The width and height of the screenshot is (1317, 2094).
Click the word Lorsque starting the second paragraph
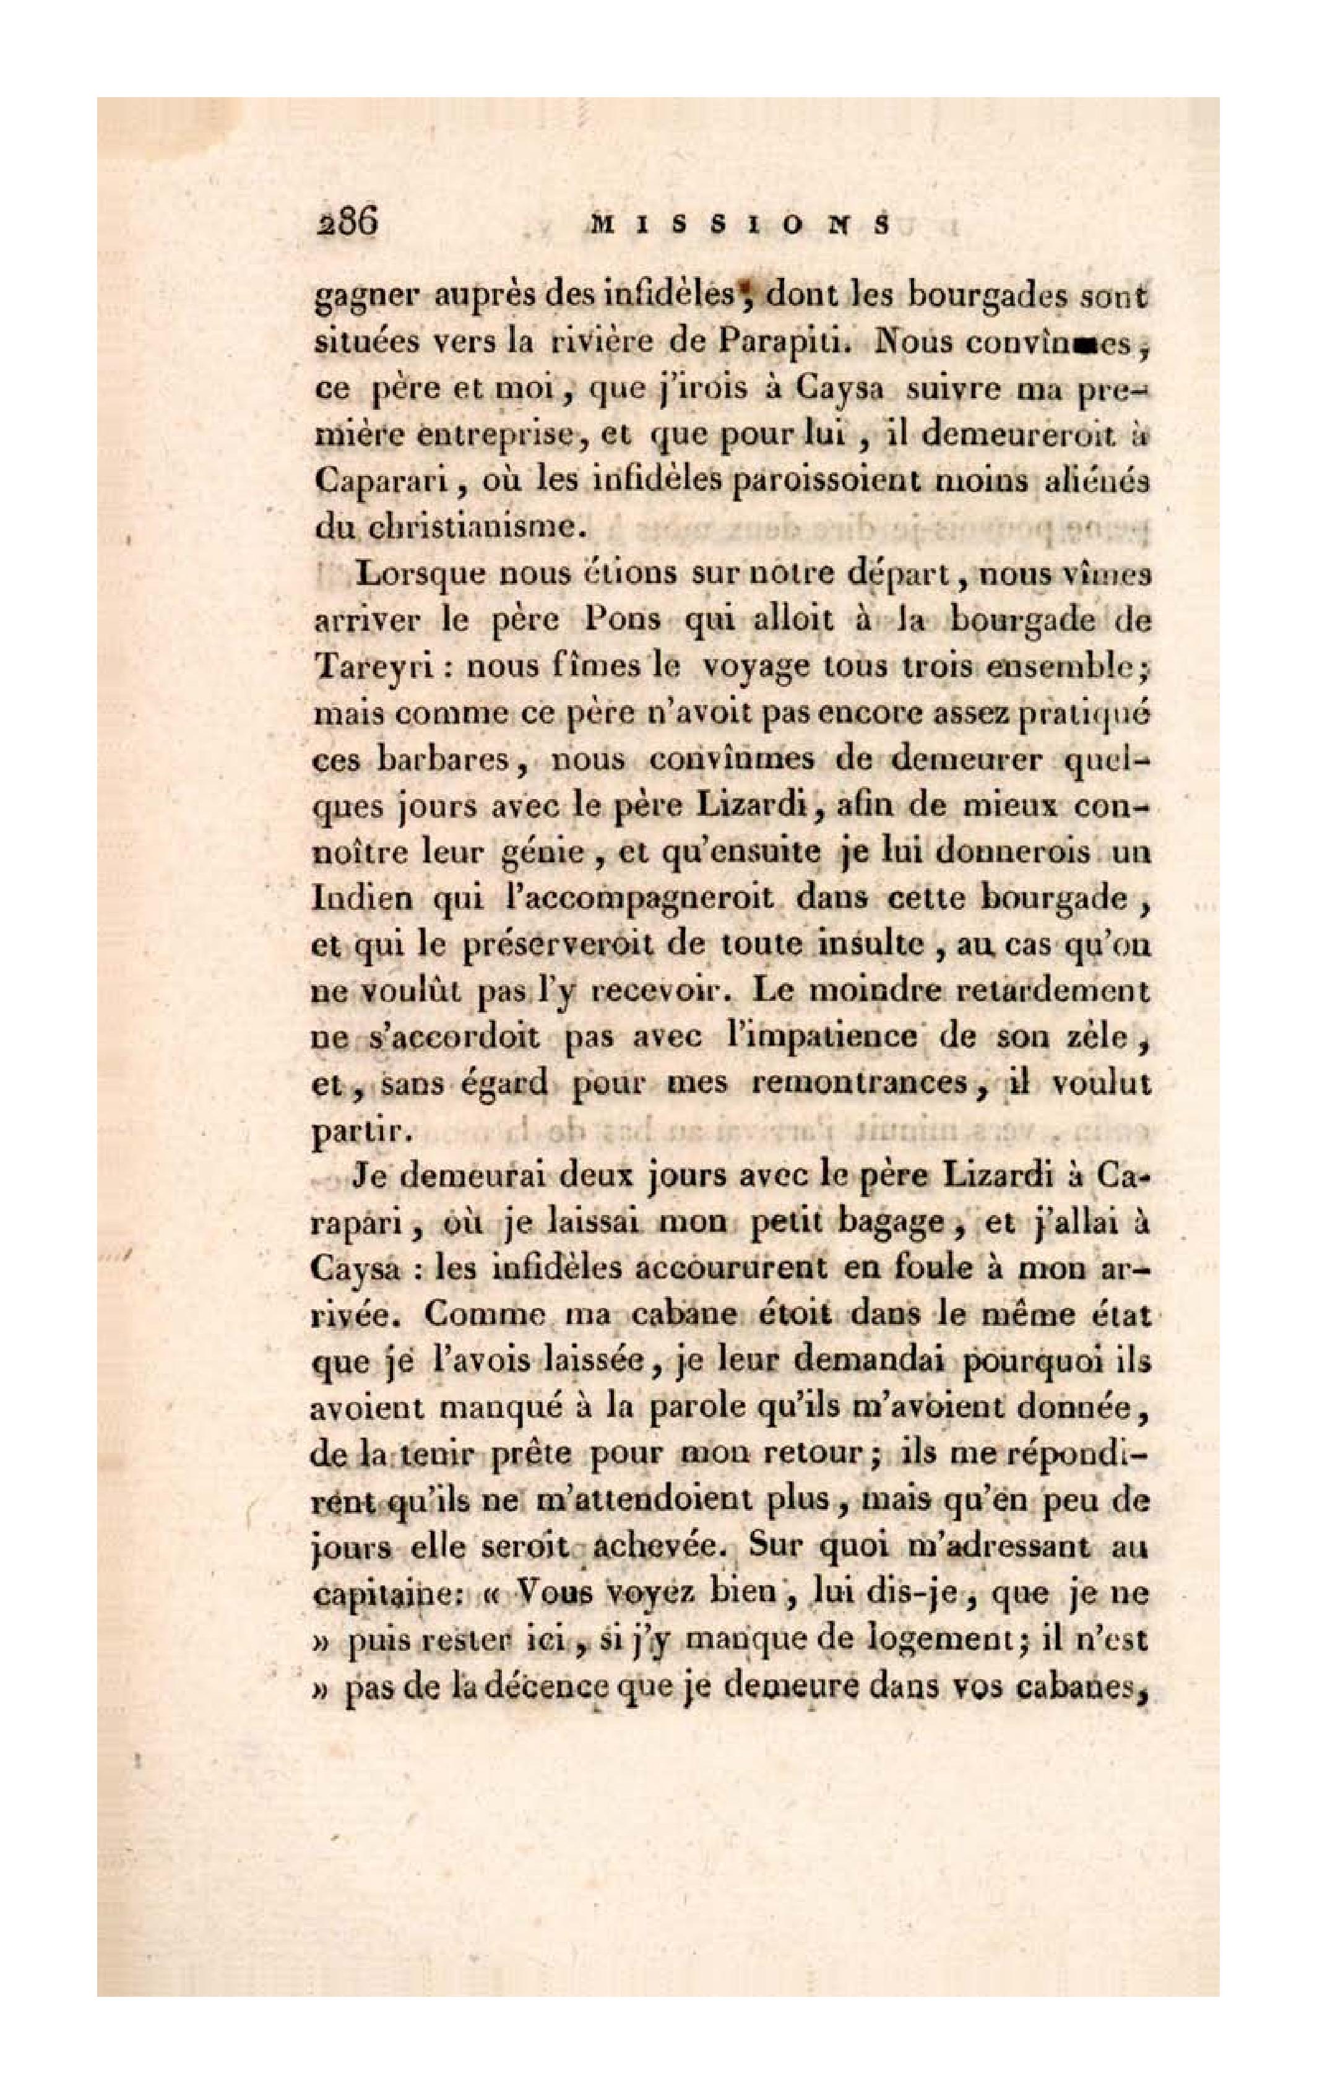(x=421, y=576)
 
